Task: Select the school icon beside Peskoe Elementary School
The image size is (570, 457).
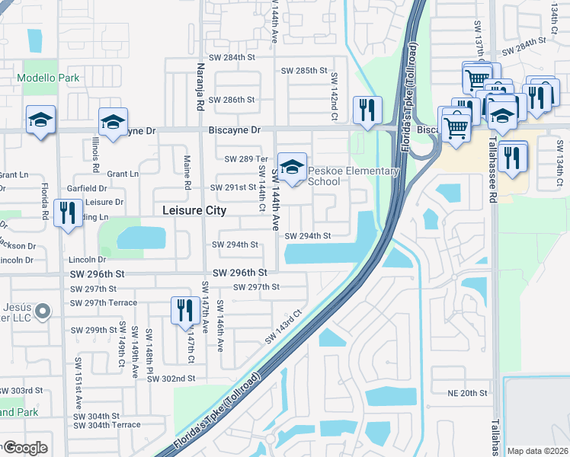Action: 292,167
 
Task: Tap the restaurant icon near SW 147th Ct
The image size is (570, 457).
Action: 184,311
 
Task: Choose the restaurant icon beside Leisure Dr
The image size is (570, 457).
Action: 69,213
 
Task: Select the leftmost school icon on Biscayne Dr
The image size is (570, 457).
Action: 41,120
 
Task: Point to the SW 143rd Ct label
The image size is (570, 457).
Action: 284,325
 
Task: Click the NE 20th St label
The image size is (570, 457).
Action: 467,392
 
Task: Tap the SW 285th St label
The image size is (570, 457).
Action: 304,71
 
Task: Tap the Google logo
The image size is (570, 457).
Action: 25,448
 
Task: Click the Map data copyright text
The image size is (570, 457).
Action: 536,451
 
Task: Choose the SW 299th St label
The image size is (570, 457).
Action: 94,331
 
